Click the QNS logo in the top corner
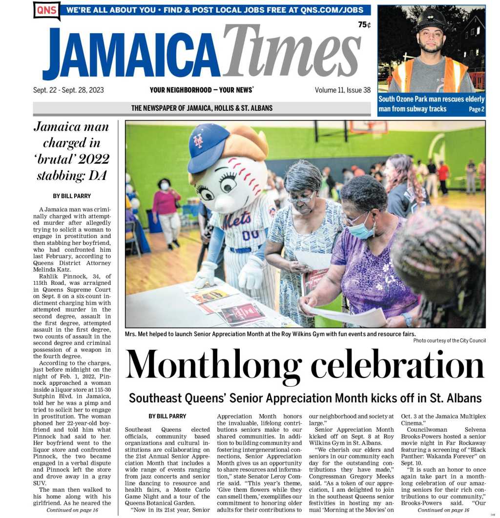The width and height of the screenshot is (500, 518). (46, 10)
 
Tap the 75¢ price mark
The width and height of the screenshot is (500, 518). (364, 25)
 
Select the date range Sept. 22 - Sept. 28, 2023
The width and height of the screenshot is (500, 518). (68, 90)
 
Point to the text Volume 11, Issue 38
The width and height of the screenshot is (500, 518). (342, 90)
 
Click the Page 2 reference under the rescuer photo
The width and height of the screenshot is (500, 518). (477, 109)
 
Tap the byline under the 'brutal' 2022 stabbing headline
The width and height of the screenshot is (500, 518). (72, 196)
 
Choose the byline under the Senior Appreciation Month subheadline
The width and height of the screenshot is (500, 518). (167, 416)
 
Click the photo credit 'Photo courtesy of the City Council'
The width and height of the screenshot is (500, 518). (449, 340)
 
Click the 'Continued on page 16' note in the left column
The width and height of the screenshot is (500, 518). (72, 510)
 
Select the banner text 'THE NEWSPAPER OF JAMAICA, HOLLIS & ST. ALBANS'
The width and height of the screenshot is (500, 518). (202, 108)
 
